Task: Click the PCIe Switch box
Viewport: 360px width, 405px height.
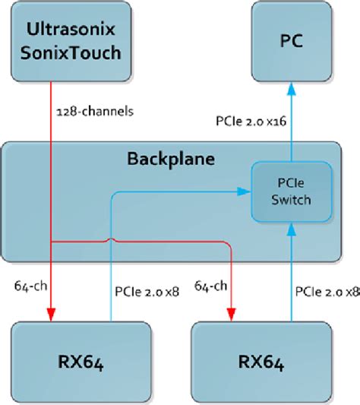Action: (x=292, y=193)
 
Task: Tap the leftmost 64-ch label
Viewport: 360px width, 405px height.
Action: (x=27, y=287)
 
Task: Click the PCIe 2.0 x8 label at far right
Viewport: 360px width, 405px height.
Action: (x=327, y=290)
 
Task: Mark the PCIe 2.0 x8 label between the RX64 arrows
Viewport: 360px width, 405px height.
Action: (x=147, y=290)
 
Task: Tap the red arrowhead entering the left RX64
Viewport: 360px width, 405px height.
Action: (x=50, y=315)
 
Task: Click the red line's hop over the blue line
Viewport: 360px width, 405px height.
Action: (x=112, y=242)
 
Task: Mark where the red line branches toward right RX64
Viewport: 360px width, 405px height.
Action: (x=50, y=243)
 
